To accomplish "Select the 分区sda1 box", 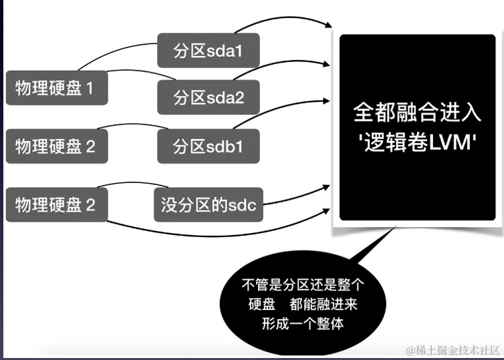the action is (x=208, y=50).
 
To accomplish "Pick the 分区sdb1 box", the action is (x=208, y=146).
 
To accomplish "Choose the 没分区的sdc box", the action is (x=208, y=205).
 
